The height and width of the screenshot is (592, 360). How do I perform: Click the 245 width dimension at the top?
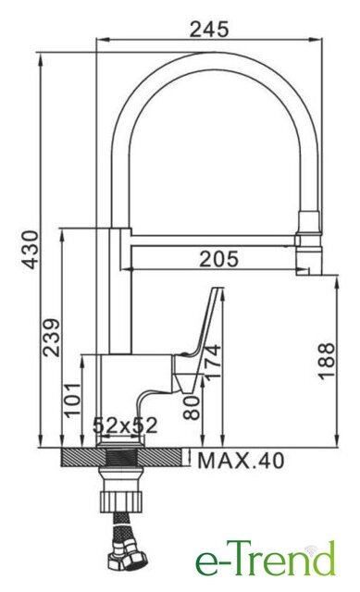[x=209, y=30]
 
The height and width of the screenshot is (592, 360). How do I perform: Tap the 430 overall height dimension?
[x=30, y=250]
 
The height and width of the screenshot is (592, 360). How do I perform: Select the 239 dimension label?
[x=52, y=338]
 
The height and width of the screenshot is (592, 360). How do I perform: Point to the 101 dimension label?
[x=73, y=400]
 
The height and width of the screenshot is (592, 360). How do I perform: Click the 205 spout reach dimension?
[x=219, y=259]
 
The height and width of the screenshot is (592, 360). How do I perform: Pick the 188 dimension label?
[x=327, y=361]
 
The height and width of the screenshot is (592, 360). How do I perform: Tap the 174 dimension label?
[x=212, y=362]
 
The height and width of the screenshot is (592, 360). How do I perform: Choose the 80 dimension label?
[x=192, y=408]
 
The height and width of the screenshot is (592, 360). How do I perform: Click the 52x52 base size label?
[x=125, y=425]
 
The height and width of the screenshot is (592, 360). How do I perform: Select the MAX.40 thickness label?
[x=241, y=461]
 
